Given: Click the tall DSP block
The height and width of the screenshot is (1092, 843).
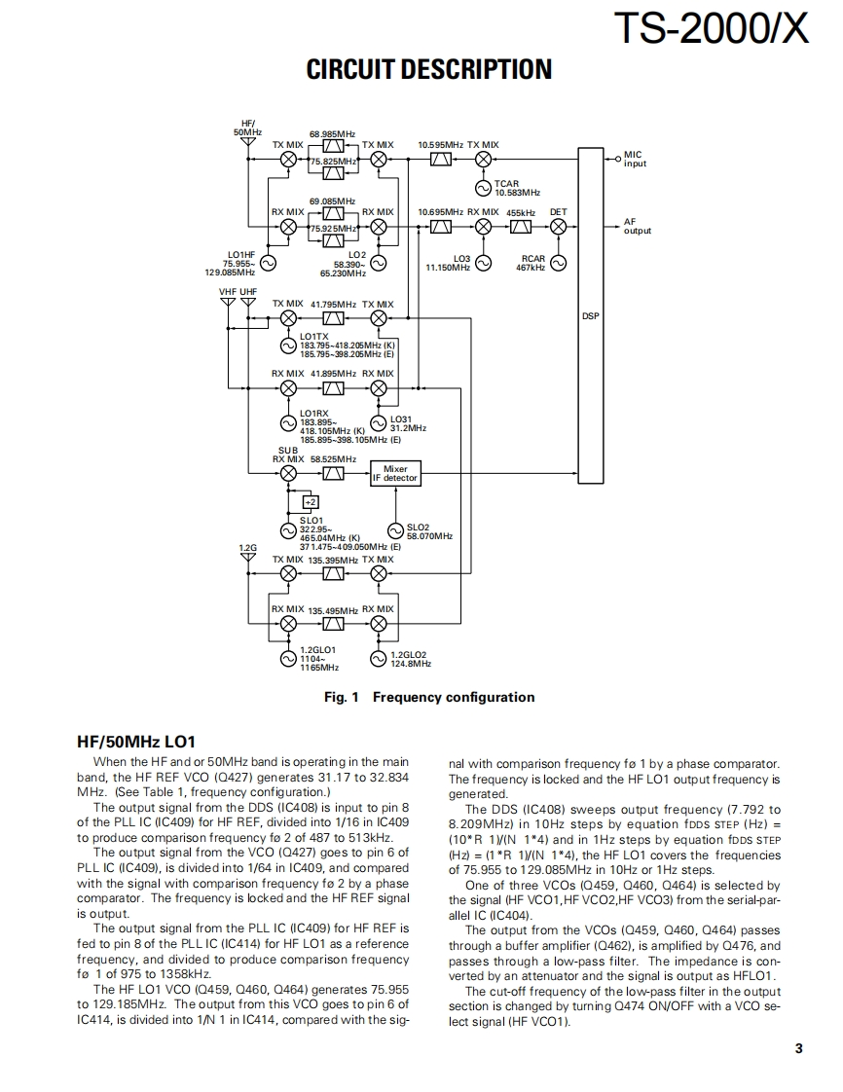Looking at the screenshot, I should pyautogui.click(x=590, y=315).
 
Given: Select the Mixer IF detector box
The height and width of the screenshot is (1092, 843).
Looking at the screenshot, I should pyautogui.click(x=395, y=474).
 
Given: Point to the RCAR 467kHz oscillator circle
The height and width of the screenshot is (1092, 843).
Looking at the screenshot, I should pyautogui.click(x=558, y=262).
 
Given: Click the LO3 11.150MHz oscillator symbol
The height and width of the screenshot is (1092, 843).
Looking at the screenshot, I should pyautogui.click(x=483, y=262).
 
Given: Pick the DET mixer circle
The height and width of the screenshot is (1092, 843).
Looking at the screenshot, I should pyautogui.click(x=558, y=226).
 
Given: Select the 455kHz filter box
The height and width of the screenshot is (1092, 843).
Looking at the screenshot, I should pyautogui.click(x=521, y=226).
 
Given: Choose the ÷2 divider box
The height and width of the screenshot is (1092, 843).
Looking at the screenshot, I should pyautogui.click(x=311, y=501).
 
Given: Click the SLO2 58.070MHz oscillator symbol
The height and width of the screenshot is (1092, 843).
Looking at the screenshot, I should pyautogui.click(x=395, y=530).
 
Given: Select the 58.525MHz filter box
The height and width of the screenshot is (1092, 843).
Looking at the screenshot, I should pyautogui.click(x=333, y=474).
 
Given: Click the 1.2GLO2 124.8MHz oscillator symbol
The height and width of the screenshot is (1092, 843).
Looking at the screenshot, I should pyautogui.click(x=380, y=659).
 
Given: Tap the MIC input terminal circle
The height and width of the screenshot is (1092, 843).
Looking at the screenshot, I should pyautogui.click(x=617, y=158).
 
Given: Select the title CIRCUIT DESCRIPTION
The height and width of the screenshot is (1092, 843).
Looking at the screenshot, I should pyautogui.click(x=429, y=70).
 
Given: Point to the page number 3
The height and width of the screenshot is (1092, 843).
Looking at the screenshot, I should pyautogui.click(x=798, y=1048).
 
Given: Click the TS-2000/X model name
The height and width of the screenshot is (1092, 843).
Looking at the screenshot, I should pyautogui.click(x=713, y=29).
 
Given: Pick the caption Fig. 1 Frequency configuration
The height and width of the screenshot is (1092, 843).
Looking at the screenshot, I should pyautogui.click(x=429, y=697).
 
